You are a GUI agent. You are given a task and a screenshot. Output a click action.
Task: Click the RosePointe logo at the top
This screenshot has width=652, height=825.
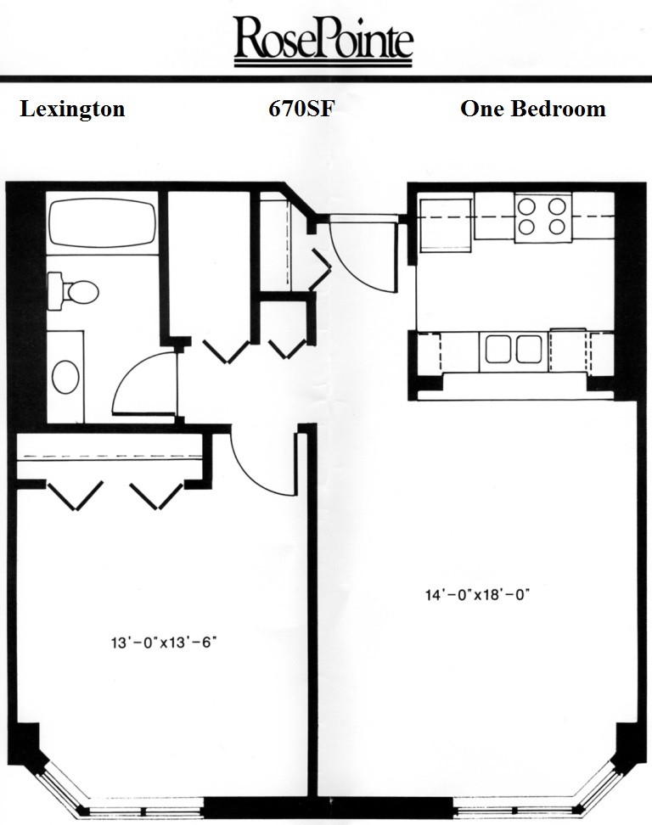(x=323, y=41)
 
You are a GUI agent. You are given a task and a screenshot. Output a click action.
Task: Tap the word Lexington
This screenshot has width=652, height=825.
(x=73, y=109)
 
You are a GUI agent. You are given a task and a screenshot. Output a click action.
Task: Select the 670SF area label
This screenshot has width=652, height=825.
(x=301, y=109)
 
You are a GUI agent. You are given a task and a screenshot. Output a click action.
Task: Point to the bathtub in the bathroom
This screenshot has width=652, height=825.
(x=103, y=223)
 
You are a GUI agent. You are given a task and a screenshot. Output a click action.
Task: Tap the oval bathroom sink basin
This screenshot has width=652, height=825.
(x=65, y=377)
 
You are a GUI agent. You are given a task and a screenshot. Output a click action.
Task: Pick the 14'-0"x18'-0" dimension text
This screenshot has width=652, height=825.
(x=477, y=594)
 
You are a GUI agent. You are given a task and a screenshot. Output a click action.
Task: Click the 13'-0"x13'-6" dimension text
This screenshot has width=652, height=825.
(x=164, y=643)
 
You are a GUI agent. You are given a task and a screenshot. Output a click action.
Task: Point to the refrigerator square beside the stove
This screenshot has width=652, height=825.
(x=445, y=222)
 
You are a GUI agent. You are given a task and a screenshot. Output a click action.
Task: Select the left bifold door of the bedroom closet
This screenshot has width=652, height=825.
(x=76, y=496)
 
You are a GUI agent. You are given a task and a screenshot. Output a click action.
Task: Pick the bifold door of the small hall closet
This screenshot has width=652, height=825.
(x=287, y=350)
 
